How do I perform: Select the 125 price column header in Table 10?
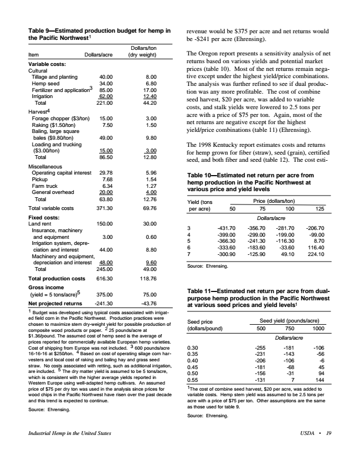319,209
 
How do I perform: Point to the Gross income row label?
45,288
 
